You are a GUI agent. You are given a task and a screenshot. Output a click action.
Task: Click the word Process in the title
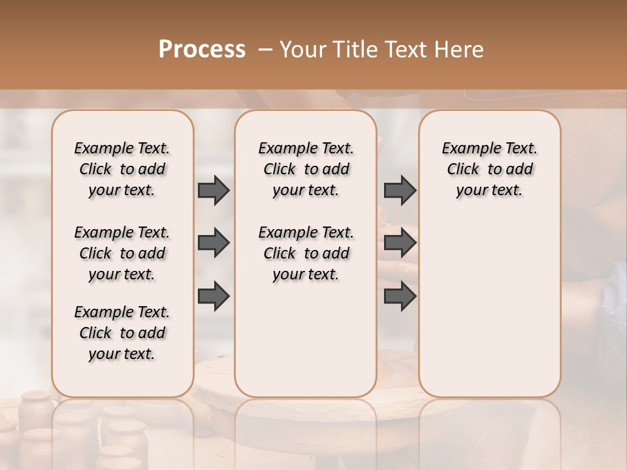[202, 50]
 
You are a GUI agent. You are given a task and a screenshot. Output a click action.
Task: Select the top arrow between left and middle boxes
[214, 190]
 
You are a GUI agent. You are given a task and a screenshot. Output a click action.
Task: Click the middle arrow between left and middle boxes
[214, 243]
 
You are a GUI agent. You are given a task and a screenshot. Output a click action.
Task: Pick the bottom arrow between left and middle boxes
[214, 296]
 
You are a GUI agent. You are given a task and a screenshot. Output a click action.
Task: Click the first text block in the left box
[122, 169]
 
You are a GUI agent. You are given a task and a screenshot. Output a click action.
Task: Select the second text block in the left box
[122, 253]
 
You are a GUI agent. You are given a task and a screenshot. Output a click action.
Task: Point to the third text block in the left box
[122, 333]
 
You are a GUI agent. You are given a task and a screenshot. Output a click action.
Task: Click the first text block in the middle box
[306, 169]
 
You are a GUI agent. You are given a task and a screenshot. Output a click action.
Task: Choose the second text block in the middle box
[306, 253]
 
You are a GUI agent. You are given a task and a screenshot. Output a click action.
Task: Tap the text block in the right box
[490, 169]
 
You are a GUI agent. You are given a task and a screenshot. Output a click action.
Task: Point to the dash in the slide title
[265, 50]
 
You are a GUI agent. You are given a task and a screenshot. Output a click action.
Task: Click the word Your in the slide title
[303, 50]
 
